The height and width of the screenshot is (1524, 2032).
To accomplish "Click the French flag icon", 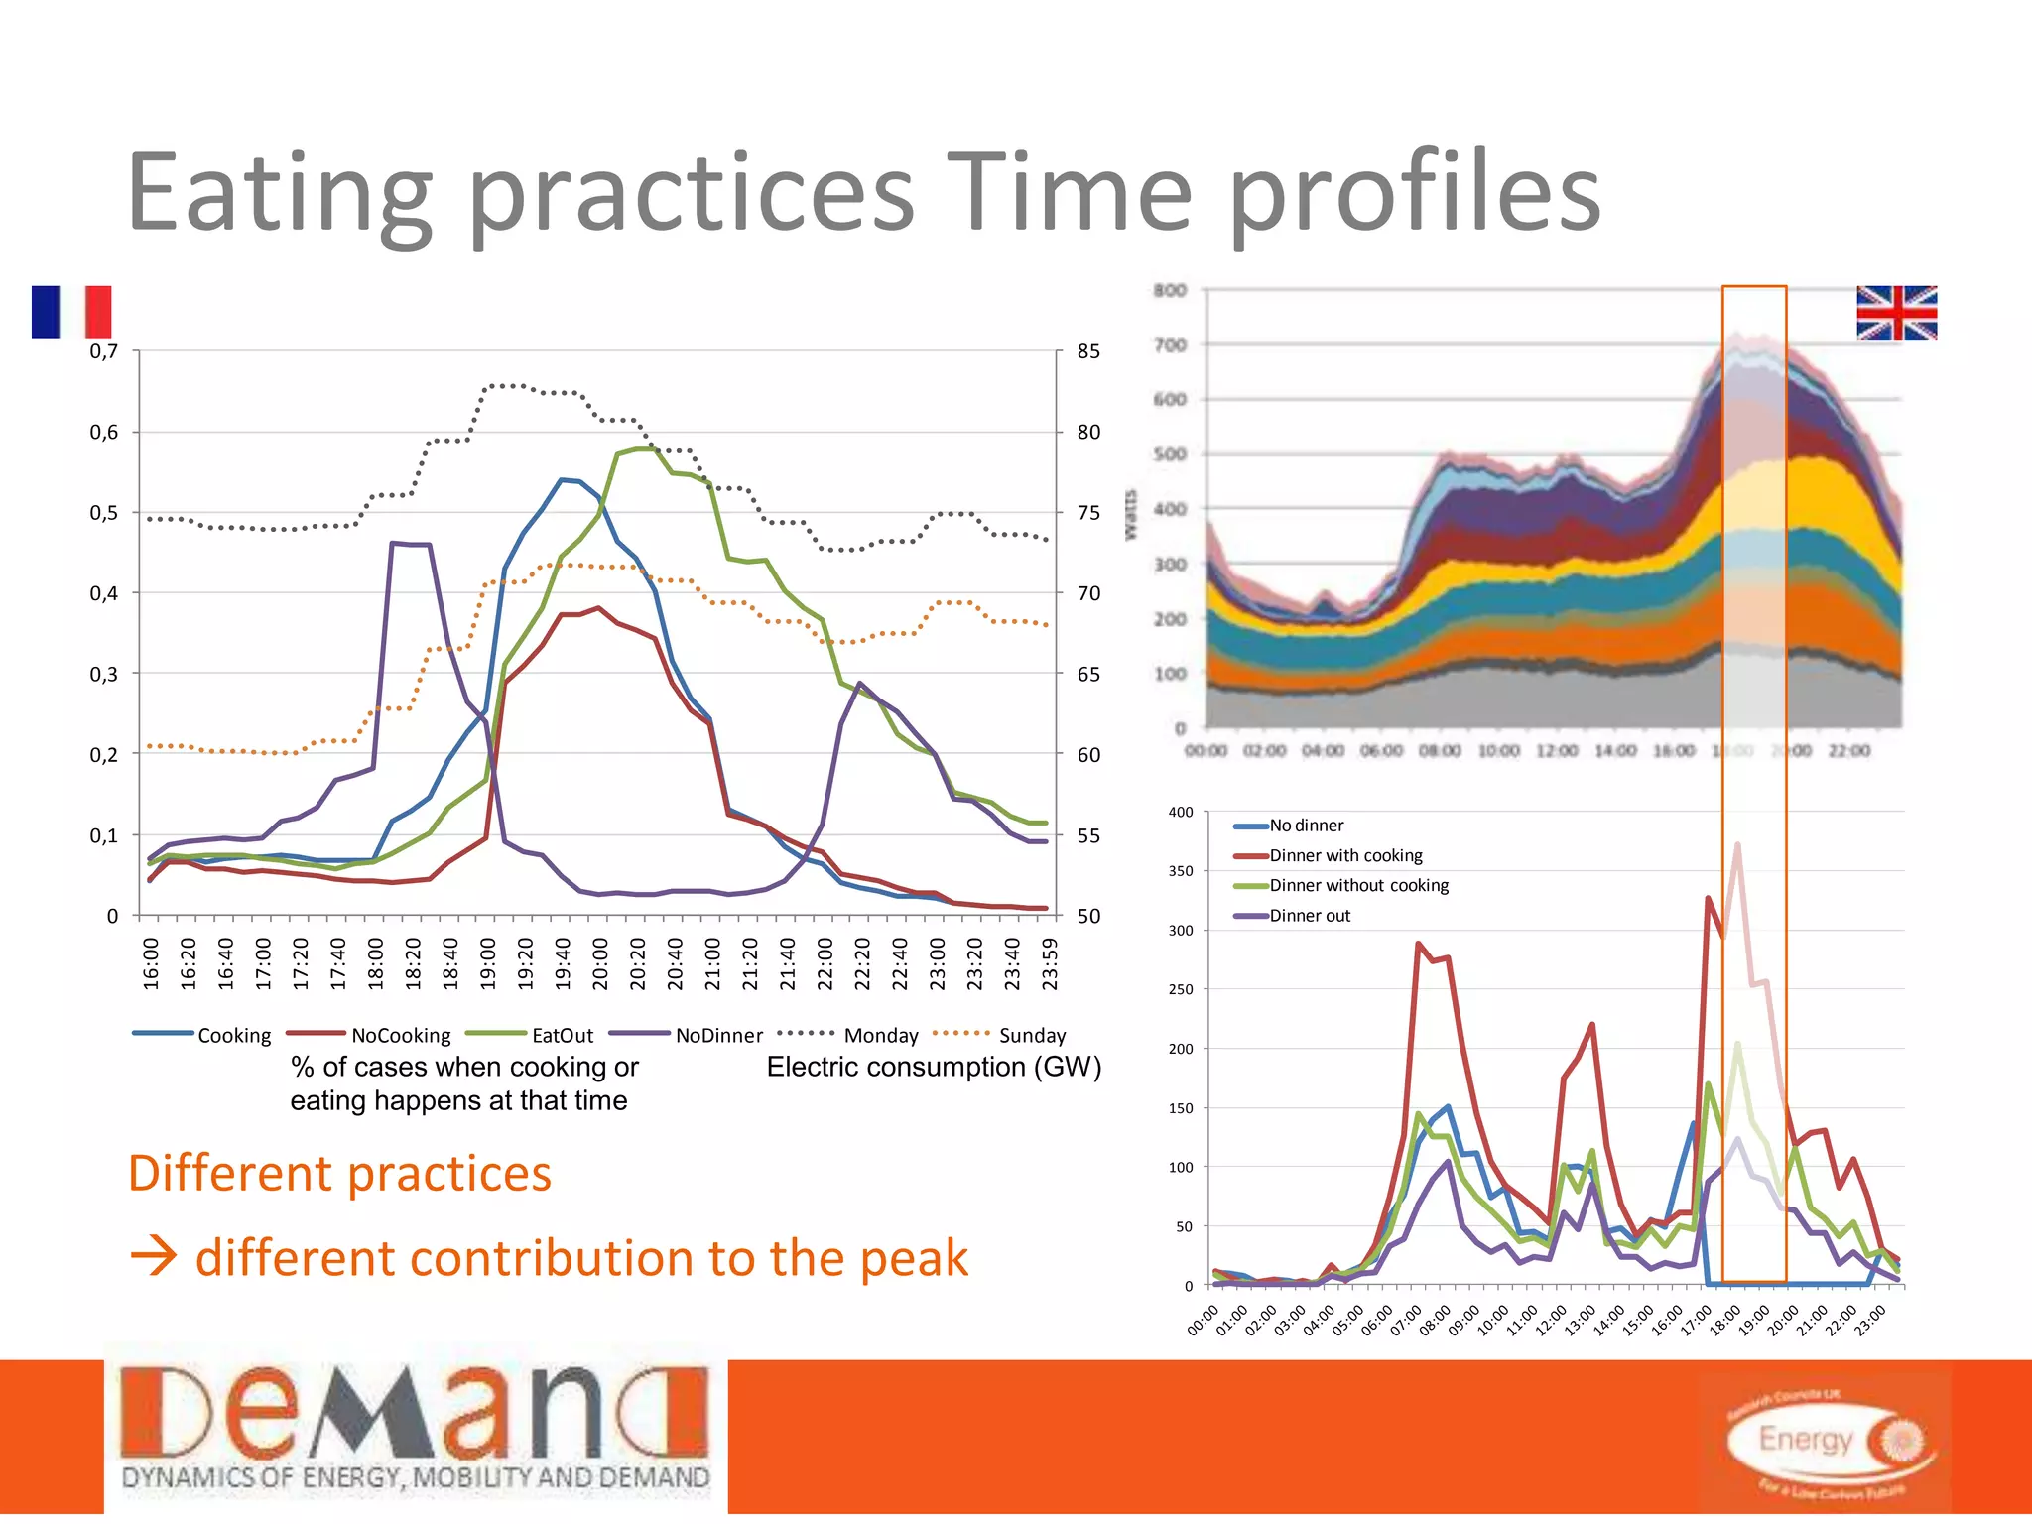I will [71, 313].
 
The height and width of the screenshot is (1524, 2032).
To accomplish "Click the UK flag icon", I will [1896, 313].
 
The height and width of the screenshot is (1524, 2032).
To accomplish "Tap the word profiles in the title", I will [1415, 193].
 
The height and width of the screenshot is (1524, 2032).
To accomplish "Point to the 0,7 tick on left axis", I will [103, 351].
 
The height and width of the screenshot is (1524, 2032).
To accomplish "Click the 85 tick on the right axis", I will [1088, 351].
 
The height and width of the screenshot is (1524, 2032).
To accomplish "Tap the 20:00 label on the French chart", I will [600, 963].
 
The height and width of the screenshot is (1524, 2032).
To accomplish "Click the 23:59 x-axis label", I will [1050, 963].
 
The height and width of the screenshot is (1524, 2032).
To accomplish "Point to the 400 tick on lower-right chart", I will [1181, 812].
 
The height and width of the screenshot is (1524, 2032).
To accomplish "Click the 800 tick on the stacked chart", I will [1170, 290].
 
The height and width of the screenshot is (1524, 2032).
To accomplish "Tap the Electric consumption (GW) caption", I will [933, 1067].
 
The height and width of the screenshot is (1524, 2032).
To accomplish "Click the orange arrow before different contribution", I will [154, 1258].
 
